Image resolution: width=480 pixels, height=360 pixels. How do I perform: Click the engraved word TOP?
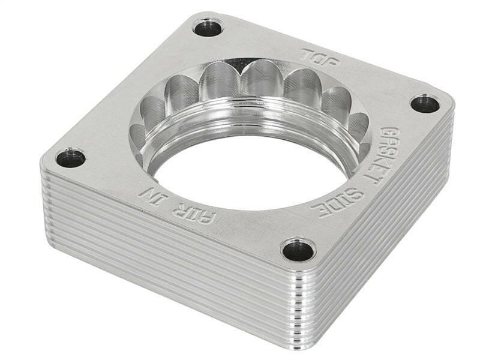(x=320, y=58)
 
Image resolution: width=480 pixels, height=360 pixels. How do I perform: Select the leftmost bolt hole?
(x=71, y=158)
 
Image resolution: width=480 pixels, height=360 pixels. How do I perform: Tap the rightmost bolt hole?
(x=425, y=103)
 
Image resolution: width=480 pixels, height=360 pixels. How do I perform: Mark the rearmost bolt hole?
(x=208, y=27)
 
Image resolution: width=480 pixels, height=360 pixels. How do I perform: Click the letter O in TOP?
(x=320, y=58)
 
